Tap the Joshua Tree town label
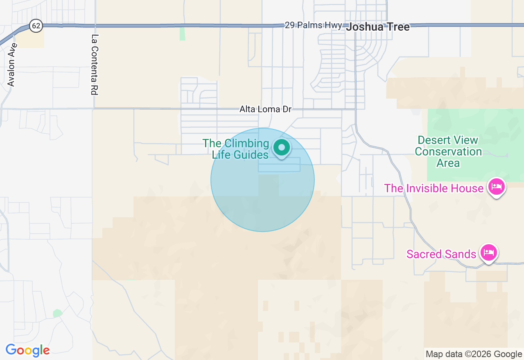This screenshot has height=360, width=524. (x=377, y=27)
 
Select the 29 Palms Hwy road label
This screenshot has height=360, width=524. (x=313, y=25)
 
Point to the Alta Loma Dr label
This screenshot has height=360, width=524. (x=265, y=109)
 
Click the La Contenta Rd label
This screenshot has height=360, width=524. (x=95, y=65)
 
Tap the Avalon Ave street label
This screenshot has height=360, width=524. (x=11, y=65)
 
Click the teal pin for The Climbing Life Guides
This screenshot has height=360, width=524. (x=282, y=148)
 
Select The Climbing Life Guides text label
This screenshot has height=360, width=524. (x=236, y=149)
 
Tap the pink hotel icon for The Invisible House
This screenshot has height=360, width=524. (x=497, y=187)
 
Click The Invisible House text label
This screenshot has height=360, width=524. (x=434, y=188)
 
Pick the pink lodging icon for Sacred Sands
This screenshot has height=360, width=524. (x=488, y=253)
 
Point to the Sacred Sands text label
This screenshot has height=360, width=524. (x=441, y=254)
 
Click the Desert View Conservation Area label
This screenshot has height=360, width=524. (x=448, y=152)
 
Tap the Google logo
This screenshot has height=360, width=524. (x=27, y=351)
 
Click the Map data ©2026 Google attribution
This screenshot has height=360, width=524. (x=474, y=354)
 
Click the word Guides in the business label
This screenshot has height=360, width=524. (x=251, y=155)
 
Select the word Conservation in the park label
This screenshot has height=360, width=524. (x=448, y=152)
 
